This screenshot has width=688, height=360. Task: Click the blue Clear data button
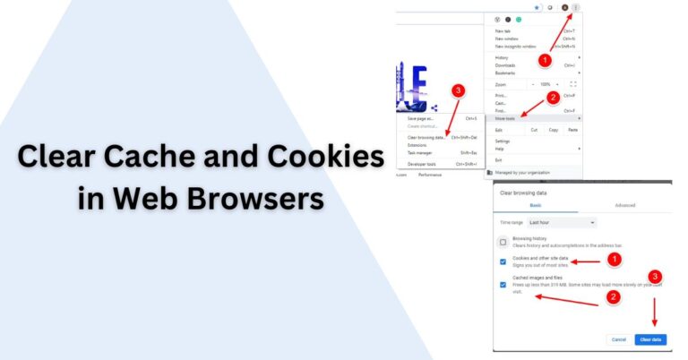(649, 339)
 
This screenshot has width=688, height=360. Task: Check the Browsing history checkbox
(503, 242)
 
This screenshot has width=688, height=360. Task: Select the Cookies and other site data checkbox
(503, 261)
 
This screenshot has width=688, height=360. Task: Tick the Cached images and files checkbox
(503, 284)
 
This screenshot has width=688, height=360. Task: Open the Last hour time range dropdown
(562, 222)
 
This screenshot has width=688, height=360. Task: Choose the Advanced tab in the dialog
(624, 205)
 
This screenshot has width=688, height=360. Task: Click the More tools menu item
(505, 118)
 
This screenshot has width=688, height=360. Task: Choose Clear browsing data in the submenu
(426, 137)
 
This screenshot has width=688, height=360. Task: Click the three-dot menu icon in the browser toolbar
(576, 7)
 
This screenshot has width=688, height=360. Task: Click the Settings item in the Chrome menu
(503, 141)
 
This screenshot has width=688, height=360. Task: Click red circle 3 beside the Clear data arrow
(655, 277)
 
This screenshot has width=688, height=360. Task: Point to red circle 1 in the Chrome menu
(544, 59)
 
